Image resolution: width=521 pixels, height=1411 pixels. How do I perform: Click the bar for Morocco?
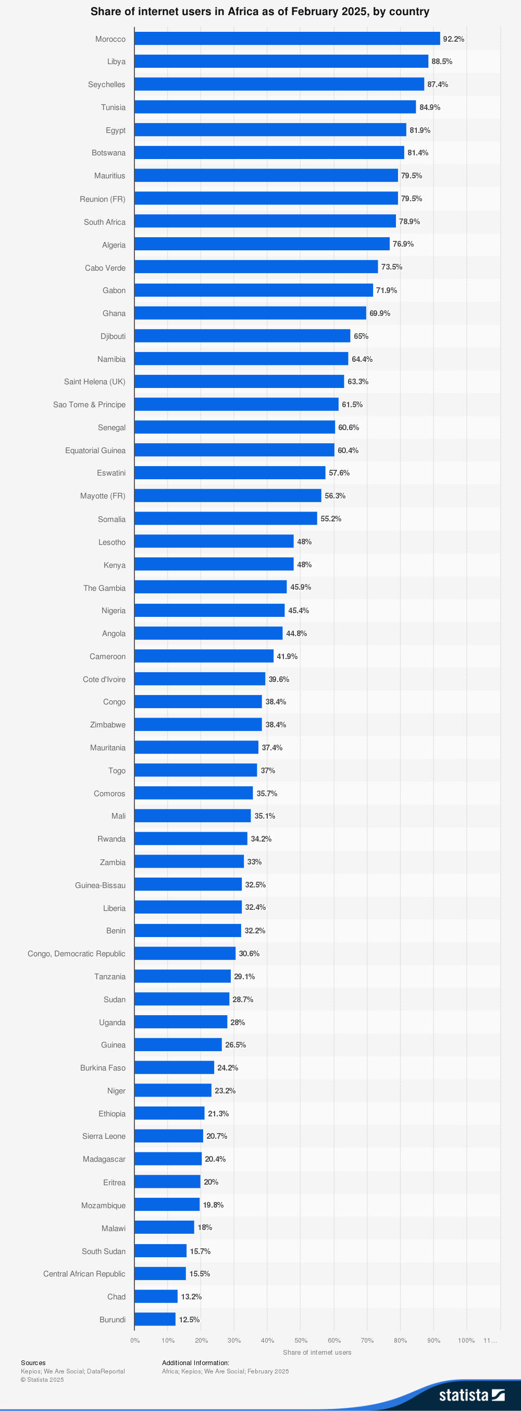click(x=287, y=39)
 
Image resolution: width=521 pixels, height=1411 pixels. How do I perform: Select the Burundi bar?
click(x=155, y=1319)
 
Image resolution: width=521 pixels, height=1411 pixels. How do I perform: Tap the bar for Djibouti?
click(x=242, y=336)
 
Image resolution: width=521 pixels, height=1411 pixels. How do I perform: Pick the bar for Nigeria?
click(x=209, y=610)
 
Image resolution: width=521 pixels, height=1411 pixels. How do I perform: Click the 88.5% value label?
click(x=442, y=62)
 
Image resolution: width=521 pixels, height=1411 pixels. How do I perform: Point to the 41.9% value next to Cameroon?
click(x=287, y=656)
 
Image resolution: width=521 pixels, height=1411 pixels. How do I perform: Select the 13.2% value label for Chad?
click(x=191, y=1296)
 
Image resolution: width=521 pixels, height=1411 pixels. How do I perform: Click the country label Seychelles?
click(x=106, y=84)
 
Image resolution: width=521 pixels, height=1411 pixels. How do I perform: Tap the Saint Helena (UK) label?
click(x=94, y=382)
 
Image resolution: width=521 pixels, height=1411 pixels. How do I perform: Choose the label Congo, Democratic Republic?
click(x=76, y=954)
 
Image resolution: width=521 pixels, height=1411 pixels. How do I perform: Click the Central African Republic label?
click(x=84, y=1273)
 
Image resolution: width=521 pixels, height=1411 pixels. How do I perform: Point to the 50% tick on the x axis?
click(x=301, y=1340)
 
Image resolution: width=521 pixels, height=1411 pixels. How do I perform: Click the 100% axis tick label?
click(x=466, y=1340)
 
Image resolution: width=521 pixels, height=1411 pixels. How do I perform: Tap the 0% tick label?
click(x=134, y=1340)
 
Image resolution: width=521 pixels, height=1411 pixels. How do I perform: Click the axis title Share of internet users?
click(x=317, y=1353)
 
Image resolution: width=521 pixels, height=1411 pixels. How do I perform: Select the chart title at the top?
click(x=260, y=11)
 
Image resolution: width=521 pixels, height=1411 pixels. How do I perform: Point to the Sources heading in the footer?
click(x=33, y=1363)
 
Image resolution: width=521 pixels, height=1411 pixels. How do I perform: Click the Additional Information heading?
click(x=195, y=1363)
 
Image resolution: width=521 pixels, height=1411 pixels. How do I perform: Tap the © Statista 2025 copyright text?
click(x=42, y=1380)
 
